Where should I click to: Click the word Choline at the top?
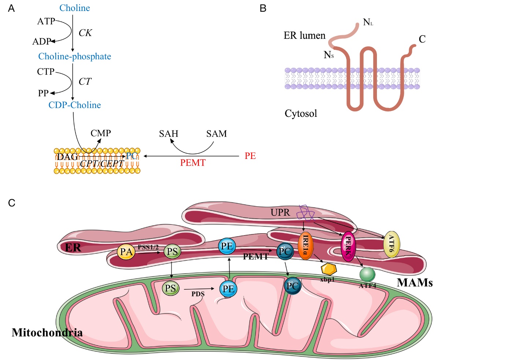click(x=74, y=8)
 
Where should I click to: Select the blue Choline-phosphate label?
click(x=74, y=56)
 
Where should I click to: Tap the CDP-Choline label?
click(x=74, y=105)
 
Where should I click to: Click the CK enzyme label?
click(x=85, y=33)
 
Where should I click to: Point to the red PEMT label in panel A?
click(x=193, y=163)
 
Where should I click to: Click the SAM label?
click(x=216, y=134)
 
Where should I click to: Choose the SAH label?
click(x=169, y=134)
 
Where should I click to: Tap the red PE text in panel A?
click(x=250, y=156)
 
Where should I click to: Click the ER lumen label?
click(x=304, y=36)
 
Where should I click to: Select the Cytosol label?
click(x=301, y=114)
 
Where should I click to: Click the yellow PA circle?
click(x=126, y=252)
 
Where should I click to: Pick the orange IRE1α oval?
click(x=306, y=246)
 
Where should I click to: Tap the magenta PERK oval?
click(x=348, y=246)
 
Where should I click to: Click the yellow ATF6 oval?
click(x=391, y=244)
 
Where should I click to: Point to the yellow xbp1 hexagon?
click(x=329, y=269)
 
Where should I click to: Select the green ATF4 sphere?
click(x=367, y=274)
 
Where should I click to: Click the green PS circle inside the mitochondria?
click(x=170, y=289)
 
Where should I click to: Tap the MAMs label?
click(x=415, y=283)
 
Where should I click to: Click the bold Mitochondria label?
click(x=47, y=333)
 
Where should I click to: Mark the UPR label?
click(x=280, y=212)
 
